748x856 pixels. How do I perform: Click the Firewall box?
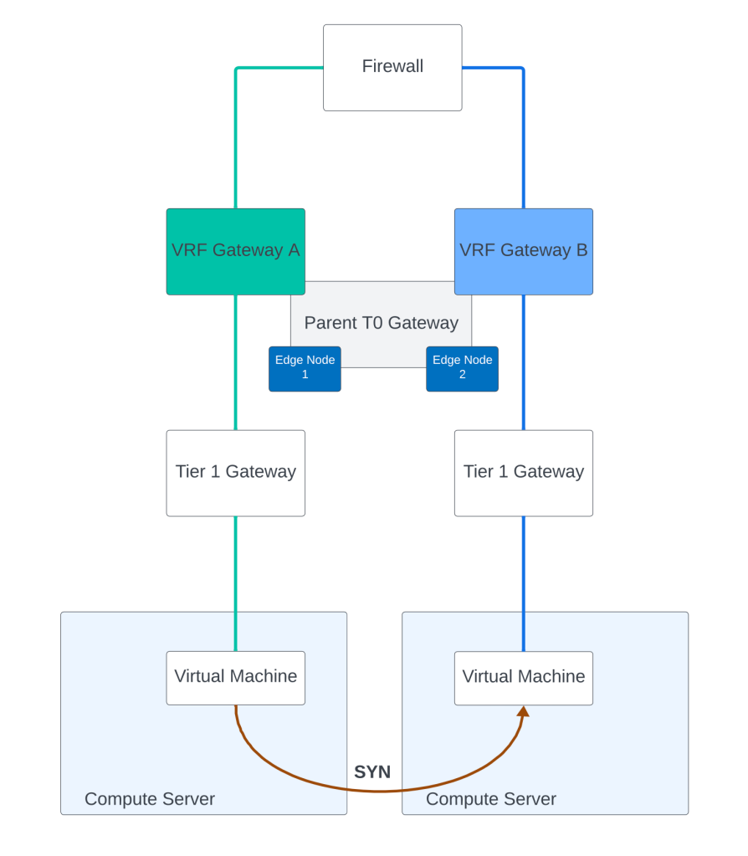pos(392,67)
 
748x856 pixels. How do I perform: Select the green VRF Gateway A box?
pos(235,251)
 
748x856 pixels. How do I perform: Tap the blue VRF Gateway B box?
pos(523,251)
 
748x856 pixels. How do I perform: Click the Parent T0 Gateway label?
pos(382,323)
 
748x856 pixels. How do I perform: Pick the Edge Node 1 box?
pos(305,368)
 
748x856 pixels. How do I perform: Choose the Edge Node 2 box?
pos(462,368)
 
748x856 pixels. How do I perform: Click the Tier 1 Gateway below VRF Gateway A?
pos(235,473)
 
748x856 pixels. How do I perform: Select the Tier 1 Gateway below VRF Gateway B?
pos(523,473)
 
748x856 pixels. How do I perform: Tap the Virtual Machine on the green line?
pos(235,677)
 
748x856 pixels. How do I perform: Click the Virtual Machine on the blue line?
pos(523,677)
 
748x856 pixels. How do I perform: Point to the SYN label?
pos(372,772)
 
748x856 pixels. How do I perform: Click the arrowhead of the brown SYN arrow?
pos(524,711)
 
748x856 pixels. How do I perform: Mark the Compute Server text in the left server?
pos(150,799)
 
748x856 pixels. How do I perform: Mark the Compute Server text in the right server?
pos(491,799)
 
